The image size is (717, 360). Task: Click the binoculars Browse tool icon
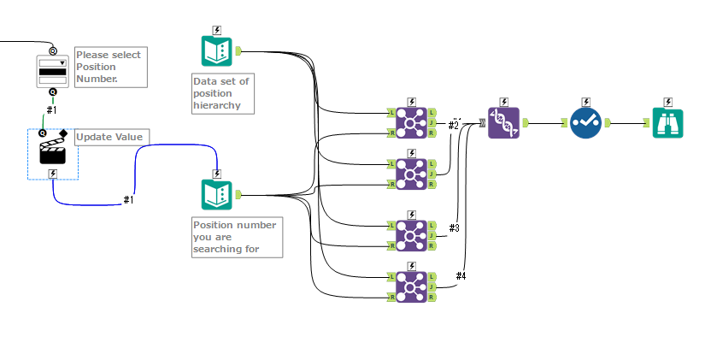click(x=669, y=122)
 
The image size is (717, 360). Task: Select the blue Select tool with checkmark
click(x=586, y=122)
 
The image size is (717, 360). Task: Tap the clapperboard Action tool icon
click(x=53, y=149)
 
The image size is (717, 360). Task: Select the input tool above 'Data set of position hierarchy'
click(x=216, y=51)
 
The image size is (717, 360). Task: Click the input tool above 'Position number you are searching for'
click(x=216, y=195)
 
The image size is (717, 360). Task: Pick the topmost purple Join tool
click(x=411, y=122)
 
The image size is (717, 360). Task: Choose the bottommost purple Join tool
click(x=411, y=286)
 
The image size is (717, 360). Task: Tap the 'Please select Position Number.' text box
click(x=111, y=67)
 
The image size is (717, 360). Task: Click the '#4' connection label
click(x=461, y=275)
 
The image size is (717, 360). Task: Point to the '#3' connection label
click(x=454, y=227)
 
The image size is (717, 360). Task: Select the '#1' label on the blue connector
click(x=129, y=199)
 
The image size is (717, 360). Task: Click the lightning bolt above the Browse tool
click(x=669, y=102)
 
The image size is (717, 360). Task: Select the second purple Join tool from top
click(x=411, y=174)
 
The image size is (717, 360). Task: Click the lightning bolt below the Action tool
click(x=53, y=173)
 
